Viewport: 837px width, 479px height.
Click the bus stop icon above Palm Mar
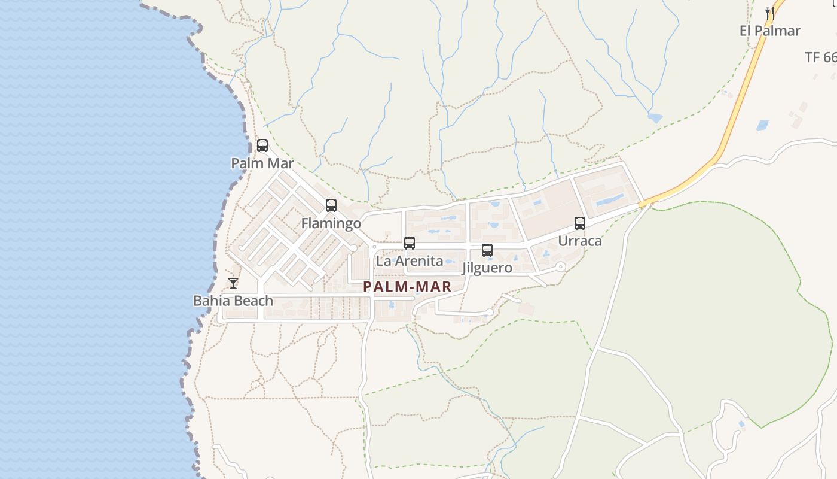(262, 145)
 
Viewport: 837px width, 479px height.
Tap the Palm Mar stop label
(262, 163)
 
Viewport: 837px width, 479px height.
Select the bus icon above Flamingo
(331, 205)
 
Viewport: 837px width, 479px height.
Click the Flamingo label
(331, 224)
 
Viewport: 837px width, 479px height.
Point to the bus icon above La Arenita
(410, 243)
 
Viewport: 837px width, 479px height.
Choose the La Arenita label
(410, 261)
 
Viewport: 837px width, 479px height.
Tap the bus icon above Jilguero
(487, 250)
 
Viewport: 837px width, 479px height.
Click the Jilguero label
(487, 268)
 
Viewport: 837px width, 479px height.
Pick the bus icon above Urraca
(579, 223)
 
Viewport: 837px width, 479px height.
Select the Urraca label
(579, 241)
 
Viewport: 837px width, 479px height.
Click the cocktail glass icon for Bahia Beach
(233, 283)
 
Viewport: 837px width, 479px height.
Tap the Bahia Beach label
(233, 301)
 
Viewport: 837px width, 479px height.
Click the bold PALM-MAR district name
(407, 287)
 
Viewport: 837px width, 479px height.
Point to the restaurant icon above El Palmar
(770, 13)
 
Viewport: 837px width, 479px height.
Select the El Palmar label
(770, 31)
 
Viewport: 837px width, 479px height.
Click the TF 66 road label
(820, 57)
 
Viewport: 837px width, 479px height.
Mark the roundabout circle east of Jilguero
(560, 267)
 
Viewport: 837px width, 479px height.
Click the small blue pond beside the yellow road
(762, 125)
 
